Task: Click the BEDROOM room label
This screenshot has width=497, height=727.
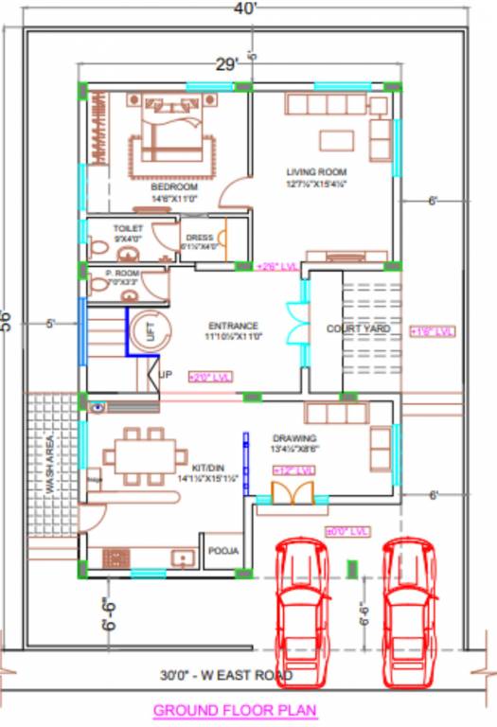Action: click(174, 187)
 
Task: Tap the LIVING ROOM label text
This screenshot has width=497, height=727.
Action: click(317, 172)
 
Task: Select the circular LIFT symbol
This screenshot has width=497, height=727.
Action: click(148, 330)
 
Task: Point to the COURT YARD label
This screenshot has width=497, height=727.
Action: click(358, 328)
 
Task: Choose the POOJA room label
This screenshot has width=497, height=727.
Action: click(223, 551)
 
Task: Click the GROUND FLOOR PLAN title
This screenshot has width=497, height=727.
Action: click(235, 709)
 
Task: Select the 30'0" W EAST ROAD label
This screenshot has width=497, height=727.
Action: click(227, 676)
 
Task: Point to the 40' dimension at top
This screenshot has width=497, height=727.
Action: click(248, 9)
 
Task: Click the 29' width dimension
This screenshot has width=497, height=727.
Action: click(225, 65)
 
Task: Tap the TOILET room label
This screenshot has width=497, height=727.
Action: click(127, 229)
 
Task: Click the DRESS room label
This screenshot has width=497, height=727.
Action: click(199, 238)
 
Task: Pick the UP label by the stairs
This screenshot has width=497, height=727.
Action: click(167, 374)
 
